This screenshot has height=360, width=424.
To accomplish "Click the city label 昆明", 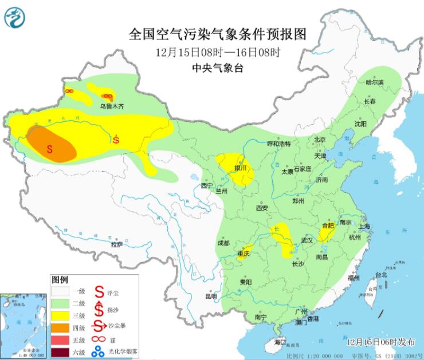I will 211,296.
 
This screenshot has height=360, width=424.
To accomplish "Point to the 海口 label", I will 280,342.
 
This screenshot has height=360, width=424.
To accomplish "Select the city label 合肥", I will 327,226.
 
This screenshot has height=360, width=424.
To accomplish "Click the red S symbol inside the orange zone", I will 50,148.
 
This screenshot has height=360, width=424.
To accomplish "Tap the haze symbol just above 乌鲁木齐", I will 107,97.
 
